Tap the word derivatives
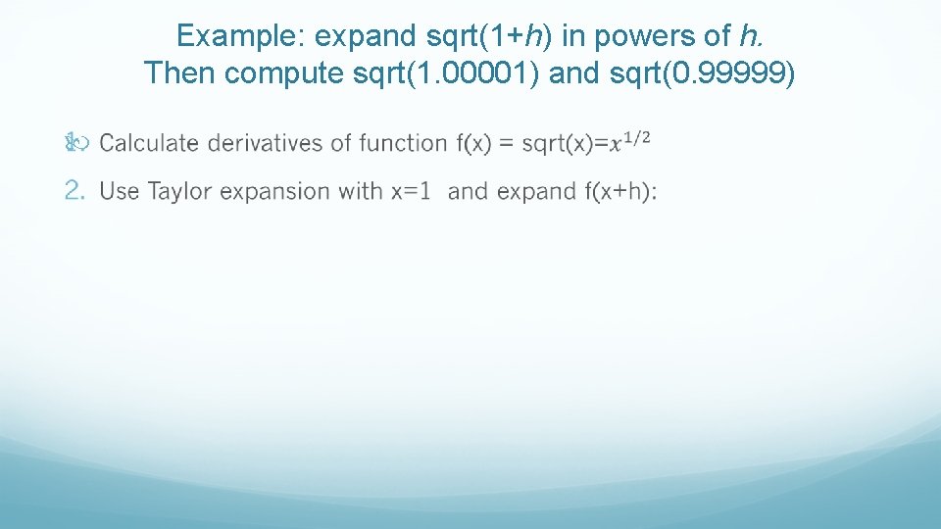point(266,143)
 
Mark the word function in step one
point(404,143)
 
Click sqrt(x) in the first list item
point(556,143)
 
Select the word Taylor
point(180,191)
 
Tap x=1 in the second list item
point(411,191)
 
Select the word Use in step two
point(120,191)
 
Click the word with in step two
point(362,191)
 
